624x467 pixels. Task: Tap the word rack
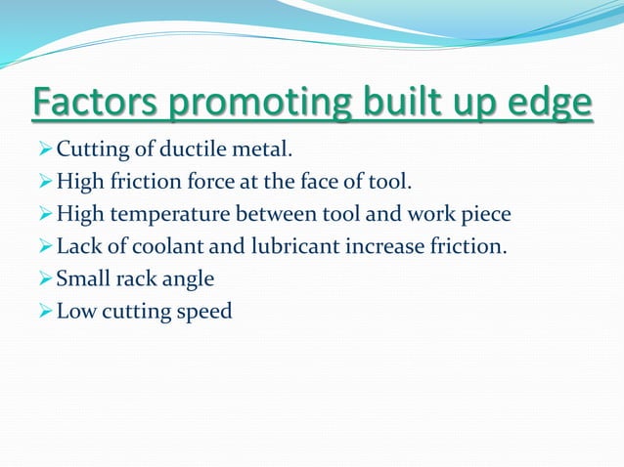[x=132, y=278]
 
